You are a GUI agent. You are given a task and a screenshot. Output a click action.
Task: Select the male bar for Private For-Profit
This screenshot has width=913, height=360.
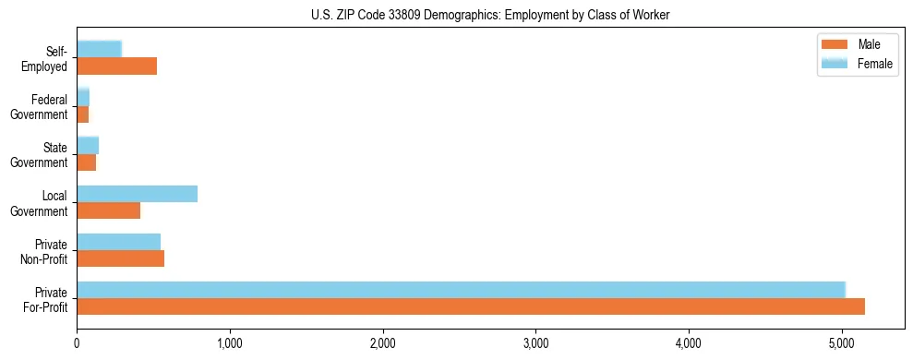tap(471, 306)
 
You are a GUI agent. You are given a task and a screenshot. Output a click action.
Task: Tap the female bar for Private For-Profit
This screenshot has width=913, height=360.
tap(461, 290)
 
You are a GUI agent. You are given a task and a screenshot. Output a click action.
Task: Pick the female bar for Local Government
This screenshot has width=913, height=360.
tap(137, 194)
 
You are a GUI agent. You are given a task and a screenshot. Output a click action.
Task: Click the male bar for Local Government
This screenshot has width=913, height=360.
tap(108, 210)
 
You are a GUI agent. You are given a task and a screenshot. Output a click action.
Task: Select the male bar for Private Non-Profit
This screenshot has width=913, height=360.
tap(120, 258)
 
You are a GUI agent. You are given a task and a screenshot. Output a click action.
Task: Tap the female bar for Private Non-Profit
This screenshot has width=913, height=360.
tap(118, 242)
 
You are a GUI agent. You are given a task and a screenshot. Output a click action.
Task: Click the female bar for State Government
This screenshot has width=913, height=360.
tap(88, 146)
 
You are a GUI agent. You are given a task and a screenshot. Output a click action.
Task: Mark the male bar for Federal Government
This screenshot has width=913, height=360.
tap(82, 114)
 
